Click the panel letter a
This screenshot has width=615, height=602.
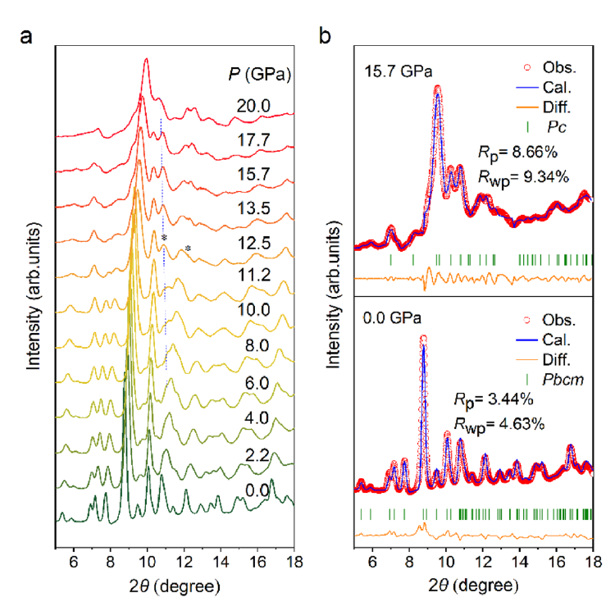point(26,37)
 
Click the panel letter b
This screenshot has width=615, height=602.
point(325,35)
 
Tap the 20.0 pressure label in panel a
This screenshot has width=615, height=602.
point(253,106)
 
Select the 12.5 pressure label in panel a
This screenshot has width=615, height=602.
point(254,243)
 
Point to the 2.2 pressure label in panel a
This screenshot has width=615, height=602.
point(257,455)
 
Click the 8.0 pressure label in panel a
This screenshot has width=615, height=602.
point(257,345)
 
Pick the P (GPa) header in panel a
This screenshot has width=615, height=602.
point(260,74)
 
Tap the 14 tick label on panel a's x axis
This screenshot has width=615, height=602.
point(221,562)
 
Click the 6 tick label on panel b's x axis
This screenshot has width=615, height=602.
point(372,562)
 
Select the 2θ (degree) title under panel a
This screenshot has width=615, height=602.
point(175,586)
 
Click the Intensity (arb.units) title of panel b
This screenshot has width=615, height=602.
point(334,295)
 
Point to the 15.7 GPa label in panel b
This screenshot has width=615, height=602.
point(399,71)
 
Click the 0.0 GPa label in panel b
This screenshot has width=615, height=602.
point(392,317)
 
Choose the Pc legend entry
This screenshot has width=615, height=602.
point(557,126)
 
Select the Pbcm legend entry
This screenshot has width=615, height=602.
point(563,379)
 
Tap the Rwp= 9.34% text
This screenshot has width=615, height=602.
point(523,178)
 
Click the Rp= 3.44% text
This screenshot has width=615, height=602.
point(494,399)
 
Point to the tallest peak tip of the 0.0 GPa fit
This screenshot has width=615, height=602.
point(423,338)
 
